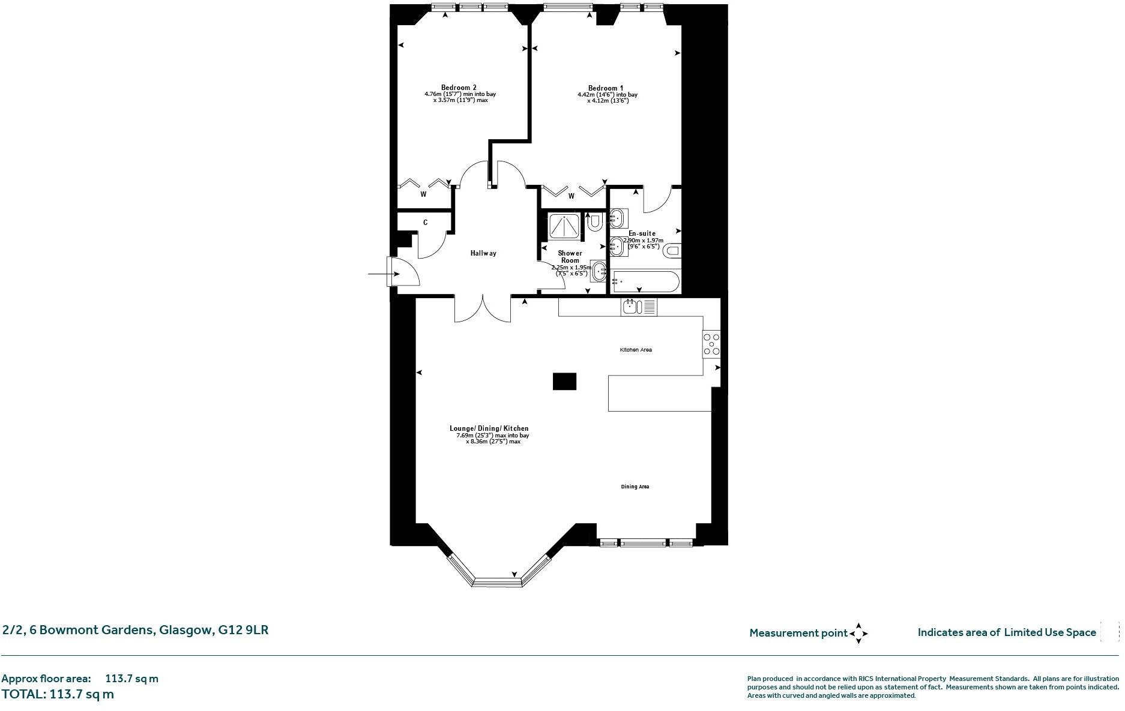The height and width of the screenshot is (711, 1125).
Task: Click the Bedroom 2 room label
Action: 459,88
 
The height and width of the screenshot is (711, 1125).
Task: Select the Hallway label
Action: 483,253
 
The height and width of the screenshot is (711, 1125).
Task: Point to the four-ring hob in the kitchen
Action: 711,345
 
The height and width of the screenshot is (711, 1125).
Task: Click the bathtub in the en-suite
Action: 645,281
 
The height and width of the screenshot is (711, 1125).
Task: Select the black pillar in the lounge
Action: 564,381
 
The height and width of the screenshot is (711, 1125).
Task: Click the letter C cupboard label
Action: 425,223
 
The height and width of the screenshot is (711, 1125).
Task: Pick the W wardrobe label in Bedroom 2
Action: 423,194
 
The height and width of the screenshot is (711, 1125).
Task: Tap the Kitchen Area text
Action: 636,350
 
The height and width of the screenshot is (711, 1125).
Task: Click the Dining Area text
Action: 635,487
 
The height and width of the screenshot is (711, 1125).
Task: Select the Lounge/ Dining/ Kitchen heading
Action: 489,428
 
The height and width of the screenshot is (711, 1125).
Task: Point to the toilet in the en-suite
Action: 672,250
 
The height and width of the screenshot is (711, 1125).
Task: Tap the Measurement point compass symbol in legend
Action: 858,633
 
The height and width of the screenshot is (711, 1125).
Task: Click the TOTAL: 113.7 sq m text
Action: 58,694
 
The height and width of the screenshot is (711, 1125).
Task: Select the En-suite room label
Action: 642,233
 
